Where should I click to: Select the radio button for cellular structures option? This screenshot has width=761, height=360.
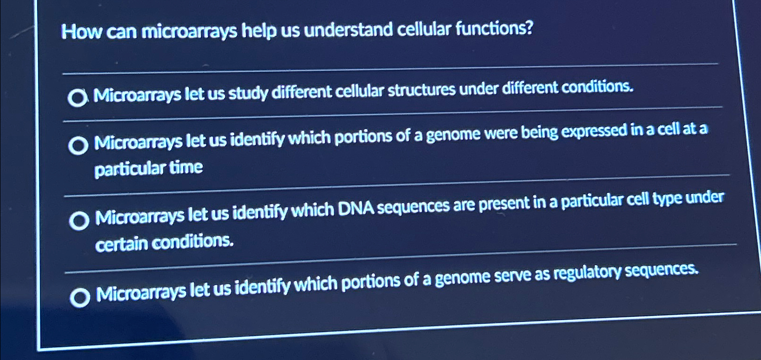click(x=77, y=98)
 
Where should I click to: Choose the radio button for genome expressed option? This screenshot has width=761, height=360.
click(x=78, y=146)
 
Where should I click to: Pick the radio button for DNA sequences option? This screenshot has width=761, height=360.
click(x=79, y=221)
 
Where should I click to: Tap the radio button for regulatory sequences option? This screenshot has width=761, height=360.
click(x=80, y=297)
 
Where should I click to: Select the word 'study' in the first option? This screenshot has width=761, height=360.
click(x=248, y=94)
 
